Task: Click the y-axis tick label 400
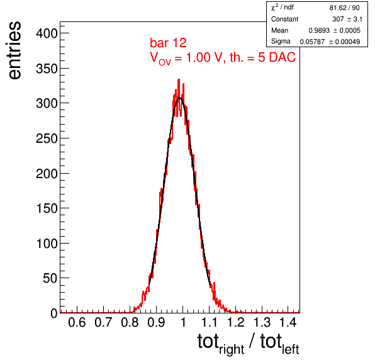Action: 47,33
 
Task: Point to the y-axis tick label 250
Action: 47,138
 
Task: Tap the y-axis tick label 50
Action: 50,278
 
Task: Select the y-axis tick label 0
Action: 54,313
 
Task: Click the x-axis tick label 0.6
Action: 77,322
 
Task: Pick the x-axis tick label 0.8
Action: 130,322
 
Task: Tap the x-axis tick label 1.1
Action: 210,322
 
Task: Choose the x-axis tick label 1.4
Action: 288,322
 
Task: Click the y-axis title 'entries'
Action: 15,50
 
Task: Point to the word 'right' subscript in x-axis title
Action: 232,350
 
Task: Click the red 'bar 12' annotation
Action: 168,43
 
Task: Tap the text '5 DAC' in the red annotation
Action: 277,57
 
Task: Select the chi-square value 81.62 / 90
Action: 344,8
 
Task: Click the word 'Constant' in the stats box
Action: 284,19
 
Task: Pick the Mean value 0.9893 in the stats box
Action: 319,30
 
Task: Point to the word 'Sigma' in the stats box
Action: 281,42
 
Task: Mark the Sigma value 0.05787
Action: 312,42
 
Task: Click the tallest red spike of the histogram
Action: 179,79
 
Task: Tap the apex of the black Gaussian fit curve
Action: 180,98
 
